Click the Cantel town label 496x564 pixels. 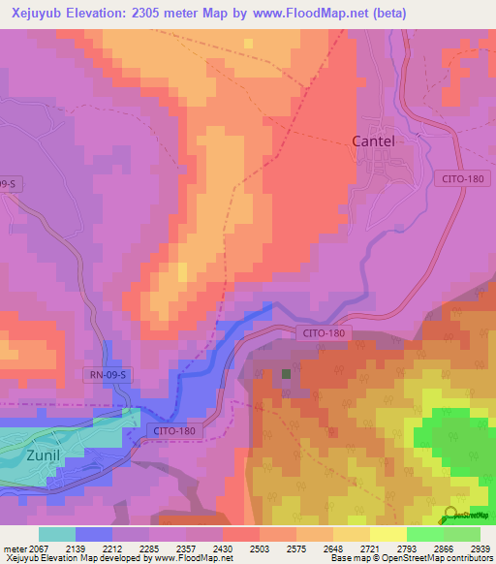click(372, 141)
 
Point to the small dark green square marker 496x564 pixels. click(286, 372)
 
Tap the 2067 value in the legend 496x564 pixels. click(39, 548)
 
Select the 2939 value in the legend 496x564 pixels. click(468, 548)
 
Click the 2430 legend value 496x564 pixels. click(223, 548)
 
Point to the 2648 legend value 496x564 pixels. click(332, 548)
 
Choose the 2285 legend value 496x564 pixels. click(149, 548)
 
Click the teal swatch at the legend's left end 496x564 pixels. click(57, 534)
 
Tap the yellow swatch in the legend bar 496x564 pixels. click(387, 534)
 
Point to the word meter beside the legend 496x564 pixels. click(14, 548)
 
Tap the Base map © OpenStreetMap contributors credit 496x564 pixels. click(411, 559)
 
